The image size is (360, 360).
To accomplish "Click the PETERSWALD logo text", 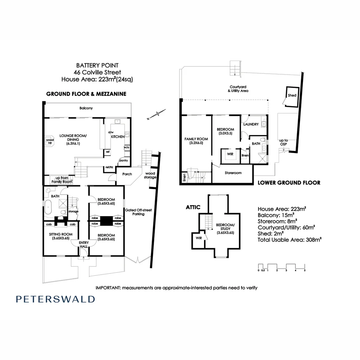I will (x=55, y=299).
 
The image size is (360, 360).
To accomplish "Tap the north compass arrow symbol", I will (x=156, y=114).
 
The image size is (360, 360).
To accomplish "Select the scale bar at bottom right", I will (x=282, y=266).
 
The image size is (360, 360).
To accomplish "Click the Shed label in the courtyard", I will (x=292, y=95).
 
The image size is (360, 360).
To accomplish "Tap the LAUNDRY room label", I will (x=251, y=124).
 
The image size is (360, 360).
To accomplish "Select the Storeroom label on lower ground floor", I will (x=233, y=173).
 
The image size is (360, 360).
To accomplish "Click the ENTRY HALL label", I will (x=83, y=244).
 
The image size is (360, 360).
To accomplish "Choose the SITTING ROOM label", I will (x=60, y=236).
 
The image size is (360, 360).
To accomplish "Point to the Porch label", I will (x=127, y=174).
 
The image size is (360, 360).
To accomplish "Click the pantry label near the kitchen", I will (x=123, y=160).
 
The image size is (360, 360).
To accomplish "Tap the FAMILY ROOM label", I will (x=196, y=141).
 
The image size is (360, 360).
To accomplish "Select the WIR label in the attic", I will (x=199, y=238).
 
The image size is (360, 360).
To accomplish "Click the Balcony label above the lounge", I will (x=86, y=108).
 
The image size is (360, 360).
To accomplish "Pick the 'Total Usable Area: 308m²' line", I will (x=289, y=239).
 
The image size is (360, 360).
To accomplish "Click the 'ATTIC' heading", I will (x=193, y=207).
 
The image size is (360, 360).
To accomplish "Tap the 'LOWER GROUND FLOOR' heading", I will (x=289, y=183).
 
